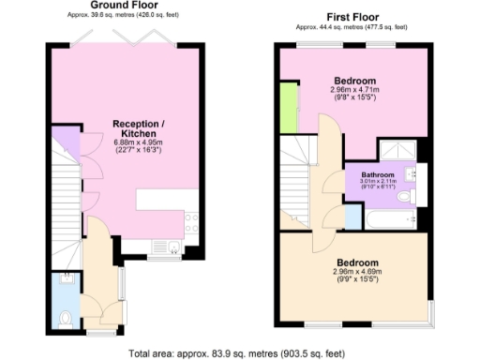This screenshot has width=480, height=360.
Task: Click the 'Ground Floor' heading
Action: pos(124,5)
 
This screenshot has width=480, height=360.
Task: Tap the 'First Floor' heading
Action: pos(353,18)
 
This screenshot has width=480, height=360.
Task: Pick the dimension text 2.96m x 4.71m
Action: pos(352,90)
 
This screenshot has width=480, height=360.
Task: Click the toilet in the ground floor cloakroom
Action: pos(65,319)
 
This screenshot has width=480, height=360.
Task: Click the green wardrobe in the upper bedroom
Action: pos(291,108)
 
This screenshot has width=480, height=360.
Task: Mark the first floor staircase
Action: pos(297,183)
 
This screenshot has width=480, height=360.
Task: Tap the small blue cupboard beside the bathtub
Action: pos(352,217)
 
